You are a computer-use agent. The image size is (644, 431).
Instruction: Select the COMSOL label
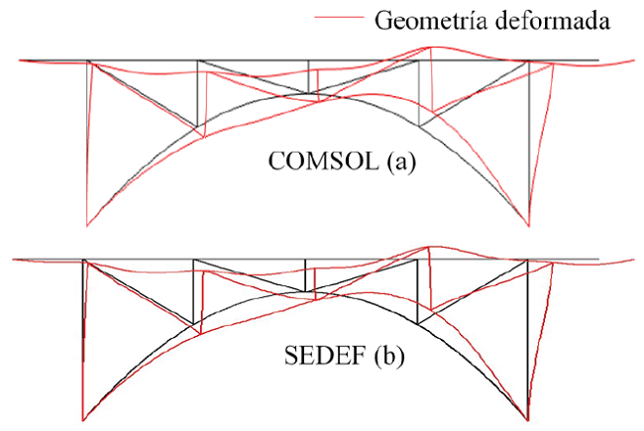tap(318, 162)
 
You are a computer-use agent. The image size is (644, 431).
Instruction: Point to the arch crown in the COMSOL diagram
tap(309, 95)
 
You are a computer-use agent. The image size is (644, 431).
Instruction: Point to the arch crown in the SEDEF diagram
tap(306, 293)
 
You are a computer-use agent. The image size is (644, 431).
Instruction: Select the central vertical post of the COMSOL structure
tap(309, 78)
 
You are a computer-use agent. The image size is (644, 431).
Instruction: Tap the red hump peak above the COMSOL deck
tap(428, 47)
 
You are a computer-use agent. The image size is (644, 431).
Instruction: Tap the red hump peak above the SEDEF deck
tap(427, 247)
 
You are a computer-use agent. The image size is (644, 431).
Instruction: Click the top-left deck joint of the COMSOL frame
tap(89, 60)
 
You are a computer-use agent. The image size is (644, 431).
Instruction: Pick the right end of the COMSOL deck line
tap(598, 60)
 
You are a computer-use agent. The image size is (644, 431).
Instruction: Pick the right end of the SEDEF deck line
tap(598, 260)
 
